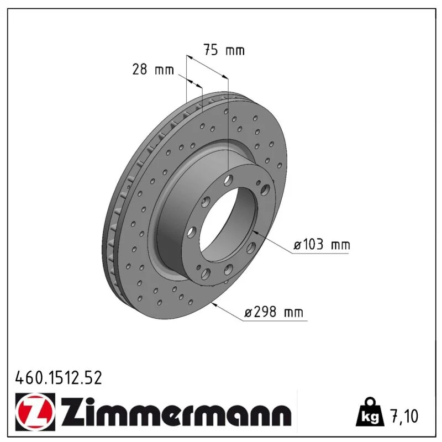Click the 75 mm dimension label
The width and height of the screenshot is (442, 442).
click(x=224, y=50)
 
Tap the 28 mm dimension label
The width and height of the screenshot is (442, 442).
click(x=153, y=70)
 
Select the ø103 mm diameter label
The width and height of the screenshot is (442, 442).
click(x=322, y=244)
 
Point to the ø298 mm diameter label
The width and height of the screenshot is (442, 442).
click(x=273, y=312)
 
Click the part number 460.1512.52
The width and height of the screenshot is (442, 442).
click(x=59, y=378)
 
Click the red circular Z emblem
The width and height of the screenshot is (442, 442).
click(x=35, y=412)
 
